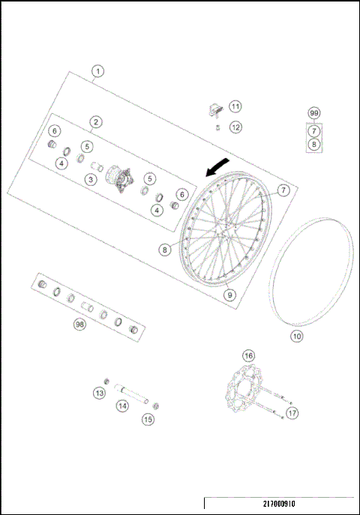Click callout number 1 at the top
tap(98, 72)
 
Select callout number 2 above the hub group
tap(96, 121)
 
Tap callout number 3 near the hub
tap(90, 179)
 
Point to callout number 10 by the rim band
tap(297, 336)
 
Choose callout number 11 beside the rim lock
tap(235, 106)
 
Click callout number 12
tap(235, 127)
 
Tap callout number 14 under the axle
tap(121, 406)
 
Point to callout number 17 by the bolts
tap(292, 412)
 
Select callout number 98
tap(79, 325)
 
